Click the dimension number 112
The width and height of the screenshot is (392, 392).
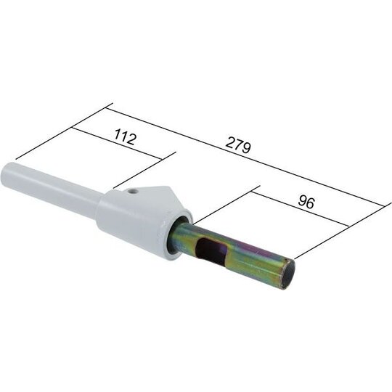[125, 139]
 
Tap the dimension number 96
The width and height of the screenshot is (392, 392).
[306, 203]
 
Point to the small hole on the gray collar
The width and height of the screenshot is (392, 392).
[135, 192]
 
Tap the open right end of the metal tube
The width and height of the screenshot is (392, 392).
[286, 274]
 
